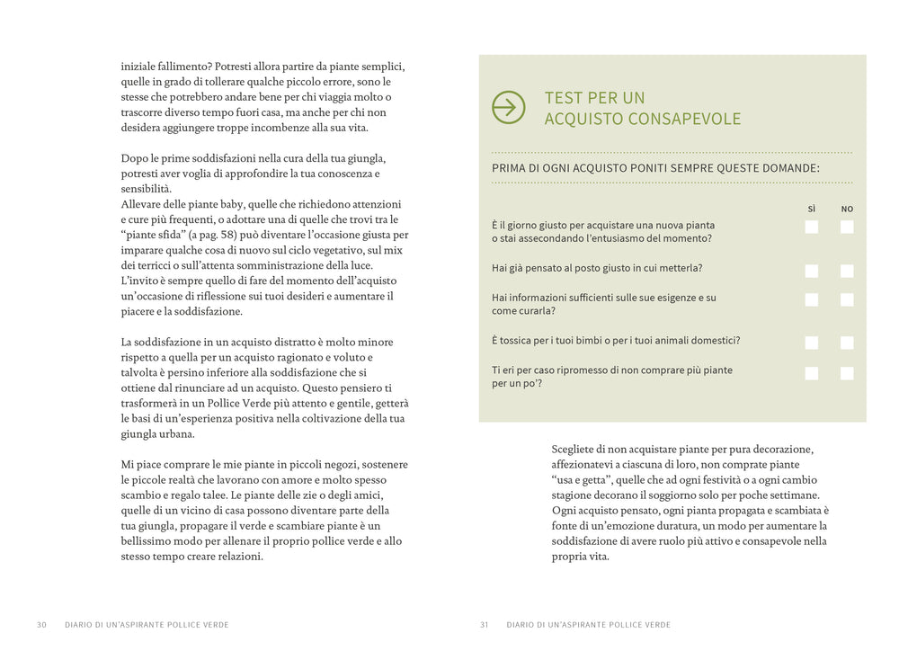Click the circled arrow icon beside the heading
click(x=509, y=108)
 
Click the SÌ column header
click(x=812, y=209)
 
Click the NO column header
click(x=847, y=209)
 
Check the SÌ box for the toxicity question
click(x=812, y=343)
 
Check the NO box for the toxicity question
click(x=847, y=343)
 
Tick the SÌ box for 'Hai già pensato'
click(x=812, y=271)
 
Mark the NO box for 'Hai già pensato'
click(x=847, y=271)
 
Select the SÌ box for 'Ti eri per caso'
click(x=812, y=373)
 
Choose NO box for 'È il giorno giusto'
click(x=847, y=227)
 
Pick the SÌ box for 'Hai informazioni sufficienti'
click(x=812, y=299)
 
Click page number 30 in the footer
click(x=41, y=625)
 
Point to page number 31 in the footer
click(x=485, y=625)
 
